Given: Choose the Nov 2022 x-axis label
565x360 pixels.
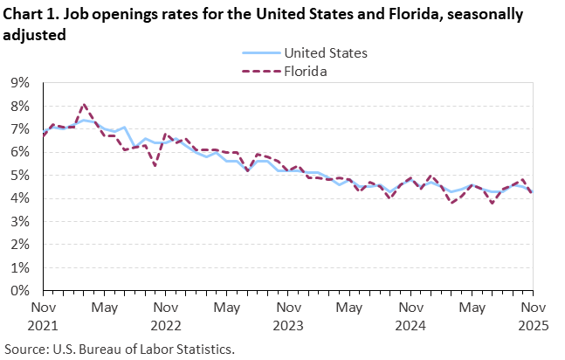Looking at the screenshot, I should click(166, 316).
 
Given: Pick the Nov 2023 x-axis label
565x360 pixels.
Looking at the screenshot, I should click(288, 316).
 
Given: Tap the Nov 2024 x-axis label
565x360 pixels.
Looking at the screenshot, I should click(410, 316).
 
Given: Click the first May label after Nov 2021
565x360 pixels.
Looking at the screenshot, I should click(105, 308).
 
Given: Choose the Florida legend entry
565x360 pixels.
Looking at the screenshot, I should click(304, 72).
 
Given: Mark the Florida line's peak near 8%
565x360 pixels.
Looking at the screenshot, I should click(84, 105).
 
